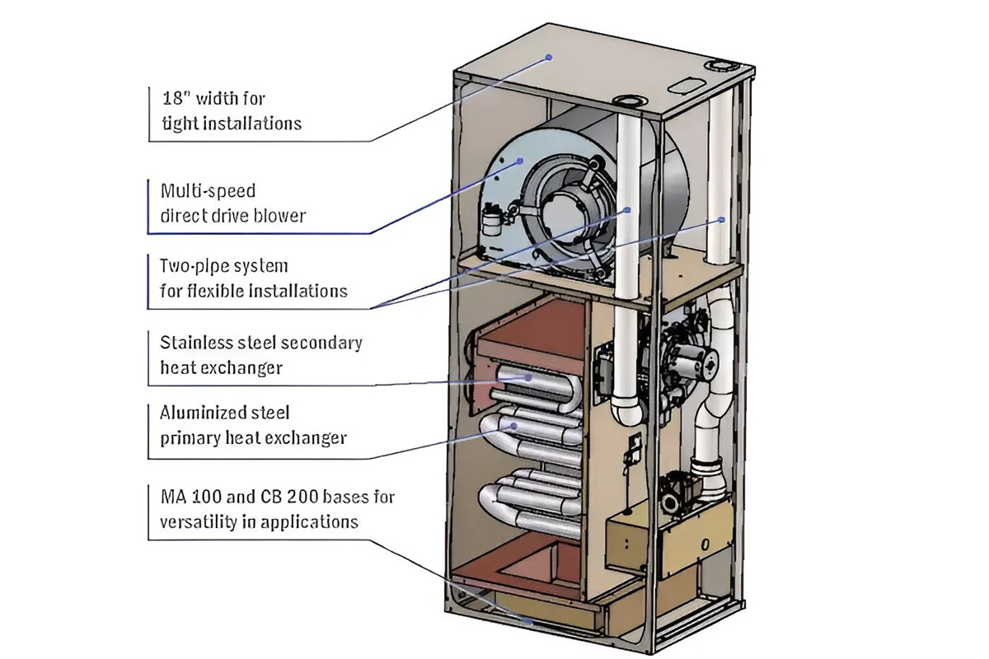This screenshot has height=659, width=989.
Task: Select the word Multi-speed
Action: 208,191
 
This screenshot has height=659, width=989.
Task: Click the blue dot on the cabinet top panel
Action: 549,57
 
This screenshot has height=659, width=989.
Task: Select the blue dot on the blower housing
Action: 520,161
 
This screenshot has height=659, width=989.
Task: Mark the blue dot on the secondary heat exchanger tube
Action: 528,377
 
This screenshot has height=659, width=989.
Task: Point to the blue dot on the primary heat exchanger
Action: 514,426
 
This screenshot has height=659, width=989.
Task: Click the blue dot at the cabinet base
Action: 527,621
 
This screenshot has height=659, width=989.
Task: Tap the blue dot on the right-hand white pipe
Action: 722,219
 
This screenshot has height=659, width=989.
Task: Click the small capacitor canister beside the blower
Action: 491,220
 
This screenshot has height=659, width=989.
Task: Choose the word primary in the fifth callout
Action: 190,438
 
